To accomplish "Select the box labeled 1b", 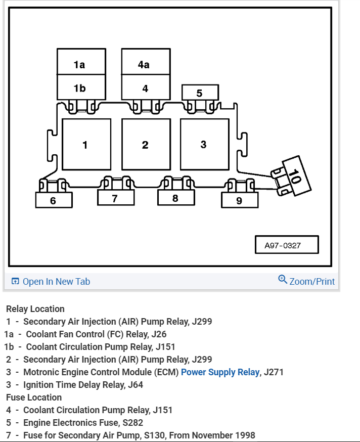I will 81,87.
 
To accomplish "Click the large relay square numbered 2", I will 146,145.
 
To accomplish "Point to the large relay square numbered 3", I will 204,145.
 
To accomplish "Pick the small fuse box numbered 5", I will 200,93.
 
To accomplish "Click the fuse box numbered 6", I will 54,200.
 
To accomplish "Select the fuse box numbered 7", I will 115,198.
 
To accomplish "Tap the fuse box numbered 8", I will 175,198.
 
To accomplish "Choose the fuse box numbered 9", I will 239,200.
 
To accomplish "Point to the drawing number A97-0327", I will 286,245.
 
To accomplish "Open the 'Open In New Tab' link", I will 56,282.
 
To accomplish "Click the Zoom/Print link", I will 311,281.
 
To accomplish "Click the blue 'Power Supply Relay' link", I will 220,372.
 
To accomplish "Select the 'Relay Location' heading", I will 35,309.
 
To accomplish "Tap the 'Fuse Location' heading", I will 34,397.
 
